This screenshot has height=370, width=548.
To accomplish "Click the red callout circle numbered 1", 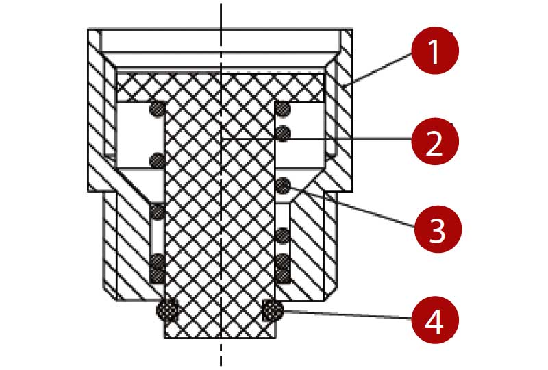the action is (x=435, y=50).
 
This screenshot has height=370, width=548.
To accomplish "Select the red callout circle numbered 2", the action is (x=435, y=141).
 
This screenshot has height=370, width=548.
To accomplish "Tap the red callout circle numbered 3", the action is (x=438, y=229).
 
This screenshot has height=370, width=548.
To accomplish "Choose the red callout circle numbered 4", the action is (x=435, y=320).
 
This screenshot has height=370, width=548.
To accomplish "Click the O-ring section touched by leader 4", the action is (x=273, y=310).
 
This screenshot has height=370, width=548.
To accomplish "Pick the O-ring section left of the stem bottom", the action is (x=167, y=310).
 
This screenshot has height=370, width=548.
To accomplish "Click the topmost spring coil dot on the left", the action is (x=158, y=109).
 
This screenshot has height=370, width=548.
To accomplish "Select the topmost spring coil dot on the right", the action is (x=282, y=109).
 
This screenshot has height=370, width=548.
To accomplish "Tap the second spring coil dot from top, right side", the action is (x=283, y=133).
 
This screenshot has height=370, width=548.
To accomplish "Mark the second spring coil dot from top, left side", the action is (x=158, y=161).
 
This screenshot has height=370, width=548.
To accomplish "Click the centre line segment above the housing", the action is (x=221, y=16).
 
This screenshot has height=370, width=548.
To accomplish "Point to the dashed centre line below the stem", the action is (x=221, y=352).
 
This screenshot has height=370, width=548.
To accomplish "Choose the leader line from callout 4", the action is (x=347, y=314).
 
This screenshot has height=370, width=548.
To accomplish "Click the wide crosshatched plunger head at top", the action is (x=220, y=88).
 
